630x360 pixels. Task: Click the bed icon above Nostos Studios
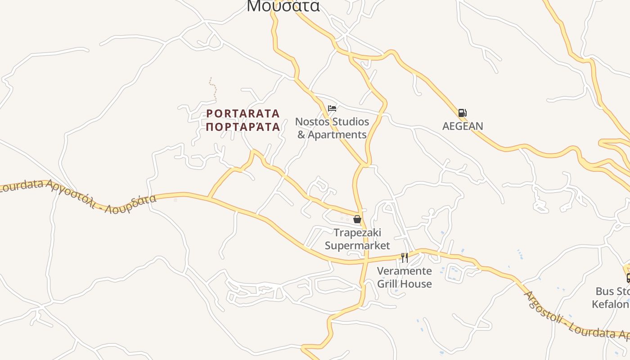click(x=332, y=108)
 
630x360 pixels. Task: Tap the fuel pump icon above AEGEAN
click(x=462, y=113)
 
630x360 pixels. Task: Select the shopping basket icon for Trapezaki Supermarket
click(x=357, y=219)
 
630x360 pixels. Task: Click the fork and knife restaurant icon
click(x=405, y=257)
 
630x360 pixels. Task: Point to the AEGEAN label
click(x=463, y=126)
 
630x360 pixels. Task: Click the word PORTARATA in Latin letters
click(x=243, y=113)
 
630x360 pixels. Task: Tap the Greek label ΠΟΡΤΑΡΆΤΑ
click(x=243, y=127)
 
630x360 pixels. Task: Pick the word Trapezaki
click(x=357, y=233)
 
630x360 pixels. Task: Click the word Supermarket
click(x=357, y=246)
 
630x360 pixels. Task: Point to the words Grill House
click(x=404, y=284)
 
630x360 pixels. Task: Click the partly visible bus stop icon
click(x=628, y=278)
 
